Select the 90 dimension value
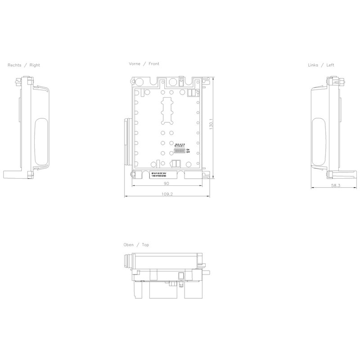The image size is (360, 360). coord(166,183)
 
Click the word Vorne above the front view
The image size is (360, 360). coord(135,64)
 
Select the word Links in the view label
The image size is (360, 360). coord(313,65)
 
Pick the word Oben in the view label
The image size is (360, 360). coord(129,245)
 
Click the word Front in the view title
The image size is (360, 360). coord(153,64)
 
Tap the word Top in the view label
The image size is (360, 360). coord(145,245)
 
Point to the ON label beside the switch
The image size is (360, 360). coord(188,149)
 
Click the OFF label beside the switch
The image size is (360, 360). coord(189,153)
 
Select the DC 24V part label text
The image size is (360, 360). coord(165,173)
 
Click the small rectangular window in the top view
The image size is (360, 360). coord(181,276)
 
